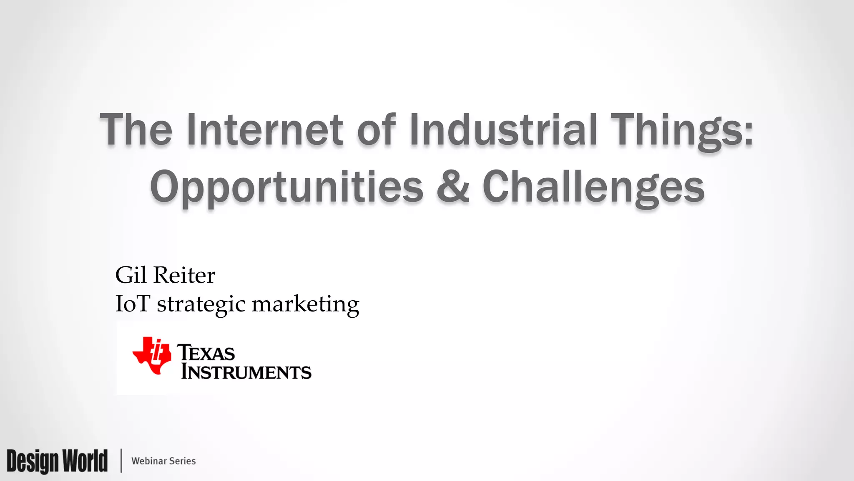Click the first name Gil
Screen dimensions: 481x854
131,275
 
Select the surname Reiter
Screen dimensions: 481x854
184,275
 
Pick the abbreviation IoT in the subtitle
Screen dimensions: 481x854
132,304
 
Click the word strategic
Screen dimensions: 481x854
201,304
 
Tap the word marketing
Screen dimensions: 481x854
305,304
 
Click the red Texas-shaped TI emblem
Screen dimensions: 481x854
152,355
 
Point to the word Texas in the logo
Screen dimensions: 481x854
206,353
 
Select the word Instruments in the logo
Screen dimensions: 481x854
246,372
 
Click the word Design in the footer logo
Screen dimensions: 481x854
33,461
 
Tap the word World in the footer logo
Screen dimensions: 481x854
85,461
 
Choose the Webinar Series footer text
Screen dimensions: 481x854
163,461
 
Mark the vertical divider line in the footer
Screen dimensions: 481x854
121,461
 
